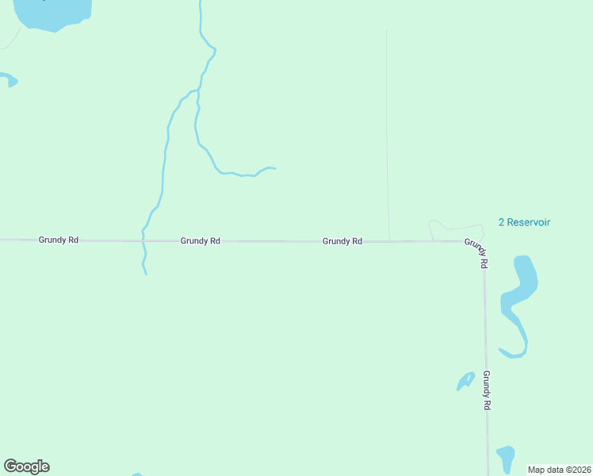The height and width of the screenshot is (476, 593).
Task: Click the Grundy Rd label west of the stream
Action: (x=58, y=240)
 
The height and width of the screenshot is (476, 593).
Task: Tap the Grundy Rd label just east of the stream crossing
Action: (x=200, y=240)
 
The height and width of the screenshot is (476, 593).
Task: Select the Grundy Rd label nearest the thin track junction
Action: (x=342, y=241)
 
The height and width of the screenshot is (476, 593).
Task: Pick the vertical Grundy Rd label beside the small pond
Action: (x=487, y=390)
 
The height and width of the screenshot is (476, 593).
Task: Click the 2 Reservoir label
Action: (x=524, y=223)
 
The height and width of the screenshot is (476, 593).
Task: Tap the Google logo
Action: (x=26, y=466)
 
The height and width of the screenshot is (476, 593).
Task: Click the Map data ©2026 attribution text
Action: (x=560, y=470)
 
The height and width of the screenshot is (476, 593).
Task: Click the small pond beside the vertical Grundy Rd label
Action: (x=465, y=381)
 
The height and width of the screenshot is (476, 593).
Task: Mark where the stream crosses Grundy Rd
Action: (x=143, y=240)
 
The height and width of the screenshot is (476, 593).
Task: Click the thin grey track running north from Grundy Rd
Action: (x=387, y=135)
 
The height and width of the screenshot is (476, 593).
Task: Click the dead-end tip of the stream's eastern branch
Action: (x=274, y=168)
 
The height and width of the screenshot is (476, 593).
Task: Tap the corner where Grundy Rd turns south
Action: (x=483, y=241)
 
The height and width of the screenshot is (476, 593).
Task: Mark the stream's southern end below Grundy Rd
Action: (x=146, y=274)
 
